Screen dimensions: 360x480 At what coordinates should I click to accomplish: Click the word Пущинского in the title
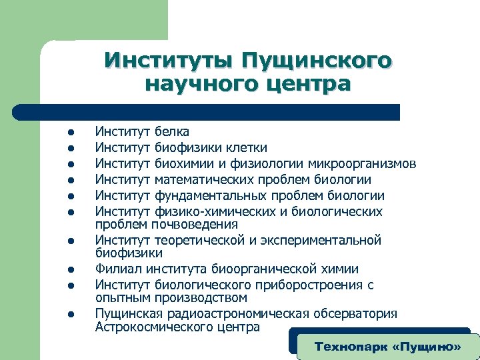point(317,59)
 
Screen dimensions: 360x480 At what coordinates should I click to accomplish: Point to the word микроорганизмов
point(361,163)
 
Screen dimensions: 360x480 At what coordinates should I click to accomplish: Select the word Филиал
point(116,269)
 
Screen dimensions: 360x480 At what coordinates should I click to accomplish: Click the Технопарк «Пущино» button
point(387,347)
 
